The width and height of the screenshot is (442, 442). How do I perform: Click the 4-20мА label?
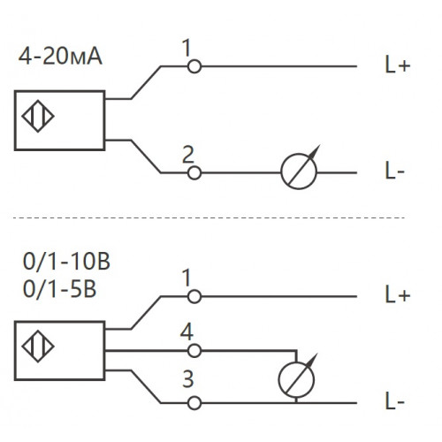point(60,57)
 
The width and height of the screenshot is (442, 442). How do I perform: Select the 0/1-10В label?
point(66,262)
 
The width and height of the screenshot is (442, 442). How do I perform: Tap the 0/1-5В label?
point(59,289)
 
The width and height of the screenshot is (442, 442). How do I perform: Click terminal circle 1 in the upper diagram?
point(194,66)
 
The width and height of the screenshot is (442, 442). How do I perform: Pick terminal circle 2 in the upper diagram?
point(194,172)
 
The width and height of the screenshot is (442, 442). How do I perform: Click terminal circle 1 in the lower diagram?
point(194,296)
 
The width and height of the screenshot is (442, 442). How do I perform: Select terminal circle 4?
point(194,351)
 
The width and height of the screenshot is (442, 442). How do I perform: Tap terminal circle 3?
point(194,403)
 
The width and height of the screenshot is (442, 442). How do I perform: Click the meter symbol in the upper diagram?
point(299,171)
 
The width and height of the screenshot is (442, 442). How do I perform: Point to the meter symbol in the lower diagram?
point(296,379)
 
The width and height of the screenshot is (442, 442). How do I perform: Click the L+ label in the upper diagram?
point(398,65)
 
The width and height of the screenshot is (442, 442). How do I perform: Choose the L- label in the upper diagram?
point(395,171)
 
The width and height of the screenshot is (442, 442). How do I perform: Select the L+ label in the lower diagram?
point(398,294)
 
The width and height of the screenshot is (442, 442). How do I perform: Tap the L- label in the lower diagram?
point(395,401)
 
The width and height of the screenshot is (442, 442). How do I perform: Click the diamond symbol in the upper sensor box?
point(38,116)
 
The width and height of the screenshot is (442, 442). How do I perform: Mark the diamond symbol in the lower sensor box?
point(38,347)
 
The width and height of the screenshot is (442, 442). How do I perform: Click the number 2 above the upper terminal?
point(188,154)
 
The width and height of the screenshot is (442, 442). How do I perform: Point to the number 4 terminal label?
point(187,331)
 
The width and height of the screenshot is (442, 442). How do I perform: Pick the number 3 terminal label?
point(188,379)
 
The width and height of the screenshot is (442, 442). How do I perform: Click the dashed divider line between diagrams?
point(209,218)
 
